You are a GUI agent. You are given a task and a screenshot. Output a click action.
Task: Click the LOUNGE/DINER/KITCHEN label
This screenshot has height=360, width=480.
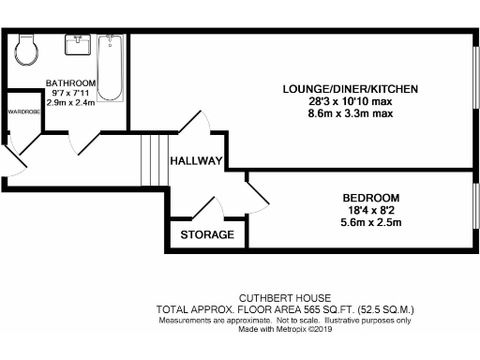[x=350, y=89]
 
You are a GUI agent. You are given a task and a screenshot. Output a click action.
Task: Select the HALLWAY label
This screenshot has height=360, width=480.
[x=196, y=161]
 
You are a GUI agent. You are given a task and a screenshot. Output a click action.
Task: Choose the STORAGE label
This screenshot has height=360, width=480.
[x=207, y=234]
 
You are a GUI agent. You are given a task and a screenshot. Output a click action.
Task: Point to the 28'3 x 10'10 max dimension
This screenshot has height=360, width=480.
[x=350, y=101]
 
